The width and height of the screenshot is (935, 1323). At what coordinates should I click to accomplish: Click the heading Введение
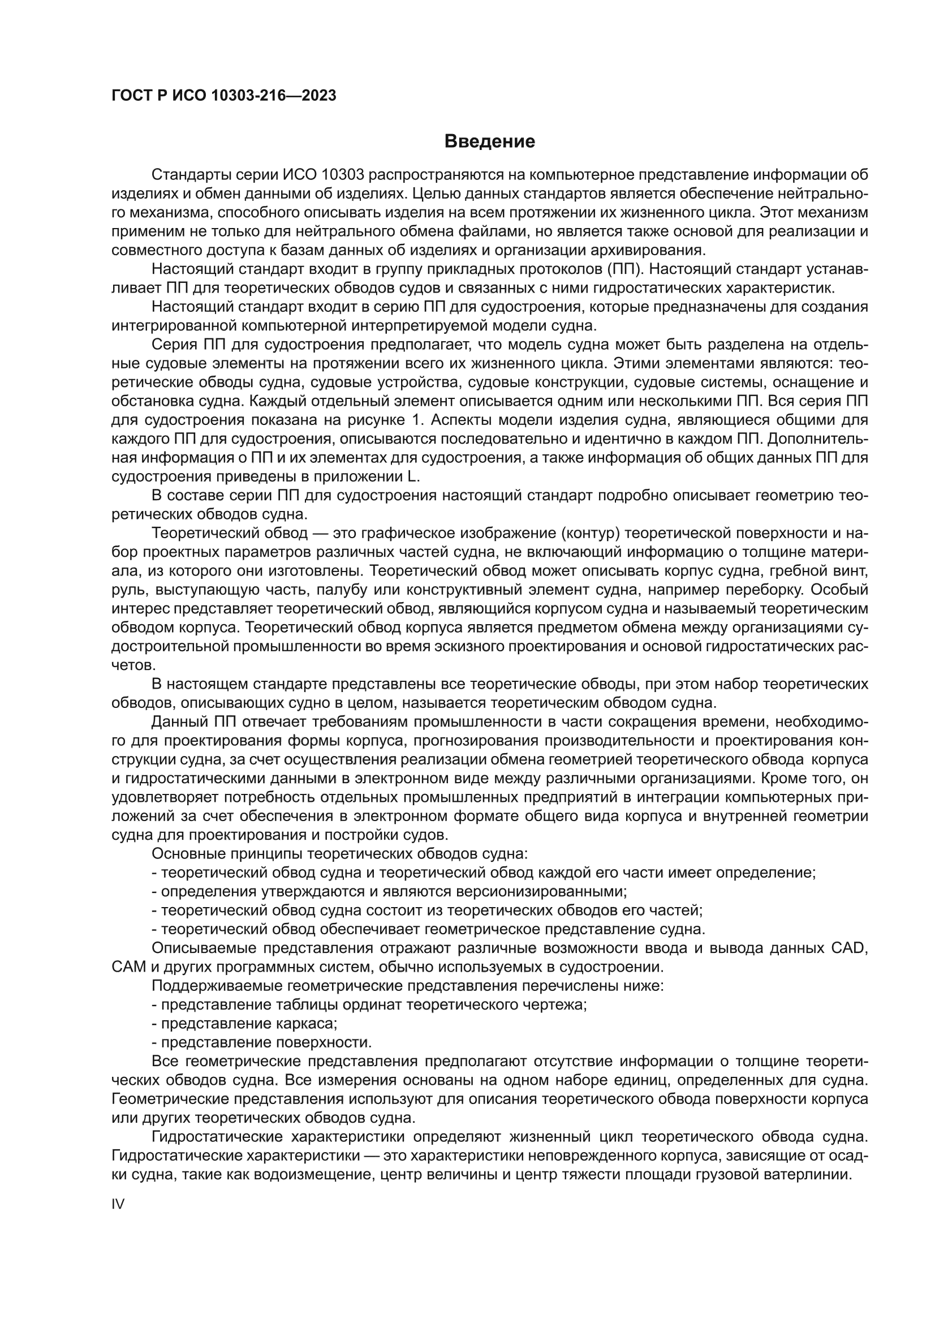(489, 141)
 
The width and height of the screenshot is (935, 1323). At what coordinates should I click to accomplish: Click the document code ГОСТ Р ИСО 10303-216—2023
(223, 96)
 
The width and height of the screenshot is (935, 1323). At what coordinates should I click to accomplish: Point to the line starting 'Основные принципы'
(339, 853)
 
